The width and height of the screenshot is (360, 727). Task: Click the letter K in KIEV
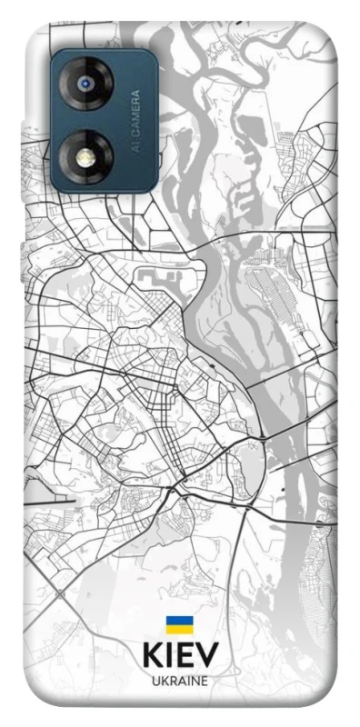point(151,657)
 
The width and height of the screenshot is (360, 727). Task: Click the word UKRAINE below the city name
point(179,681)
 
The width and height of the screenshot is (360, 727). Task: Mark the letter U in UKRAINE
point(155,681)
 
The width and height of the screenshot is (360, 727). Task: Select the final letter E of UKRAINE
point(204,681)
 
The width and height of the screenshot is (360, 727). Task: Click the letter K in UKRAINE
point(163,681)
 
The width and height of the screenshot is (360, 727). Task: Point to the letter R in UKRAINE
point(171,681)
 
